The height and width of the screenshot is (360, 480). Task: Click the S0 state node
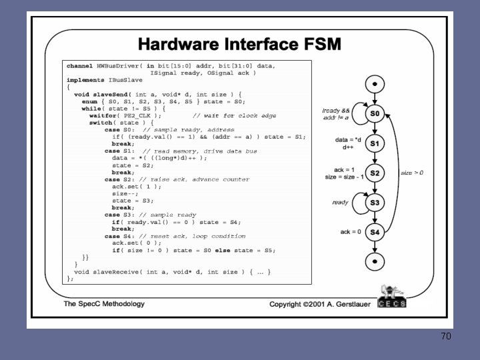[x=375, y=115]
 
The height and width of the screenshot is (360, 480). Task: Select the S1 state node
[x=375, y=144]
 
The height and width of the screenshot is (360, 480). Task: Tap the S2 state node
[x=375, y=173]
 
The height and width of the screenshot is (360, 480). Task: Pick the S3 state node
[x=375, y=203]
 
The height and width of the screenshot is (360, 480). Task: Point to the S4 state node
[x=375, y=232]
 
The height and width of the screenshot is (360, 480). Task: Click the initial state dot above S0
[x=375, y=85]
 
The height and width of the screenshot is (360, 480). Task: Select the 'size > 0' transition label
[x=412, y=173]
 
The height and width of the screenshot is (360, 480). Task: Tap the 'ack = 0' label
[x=351, y=231]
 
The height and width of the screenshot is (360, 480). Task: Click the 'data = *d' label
[x=349, y=140]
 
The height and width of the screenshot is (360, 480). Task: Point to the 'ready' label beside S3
[x=340, y=202]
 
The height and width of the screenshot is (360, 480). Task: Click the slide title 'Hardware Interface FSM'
[x=239, y=45]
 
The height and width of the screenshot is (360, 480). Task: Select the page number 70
[x=445, y=336]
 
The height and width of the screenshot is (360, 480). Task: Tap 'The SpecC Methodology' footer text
[x=104, y=304]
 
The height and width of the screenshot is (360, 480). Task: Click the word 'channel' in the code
[x=79, y=66]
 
